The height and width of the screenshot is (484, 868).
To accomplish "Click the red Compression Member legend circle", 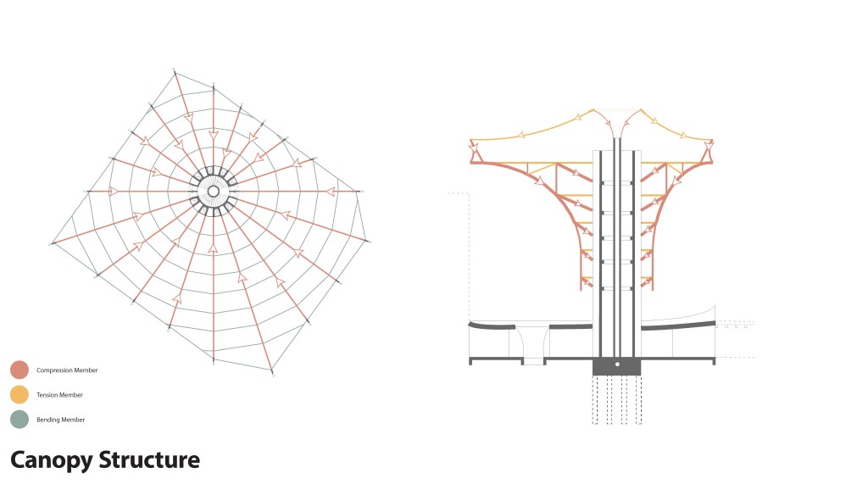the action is coord(19,370).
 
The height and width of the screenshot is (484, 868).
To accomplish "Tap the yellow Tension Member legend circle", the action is coord(19,394).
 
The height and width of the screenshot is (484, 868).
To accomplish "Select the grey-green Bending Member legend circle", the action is coord(19,420).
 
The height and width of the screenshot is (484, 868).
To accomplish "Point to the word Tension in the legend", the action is coord(46,395).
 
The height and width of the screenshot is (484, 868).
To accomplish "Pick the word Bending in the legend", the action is coord(47,420).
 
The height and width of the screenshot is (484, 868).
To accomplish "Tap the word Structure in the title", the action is coord(149,460).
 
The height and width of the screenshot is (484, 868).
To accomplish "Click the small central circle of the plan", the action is coord(213,192).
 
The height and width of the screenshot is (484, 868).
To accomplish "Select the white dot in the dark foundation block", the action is coord(617,364).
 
